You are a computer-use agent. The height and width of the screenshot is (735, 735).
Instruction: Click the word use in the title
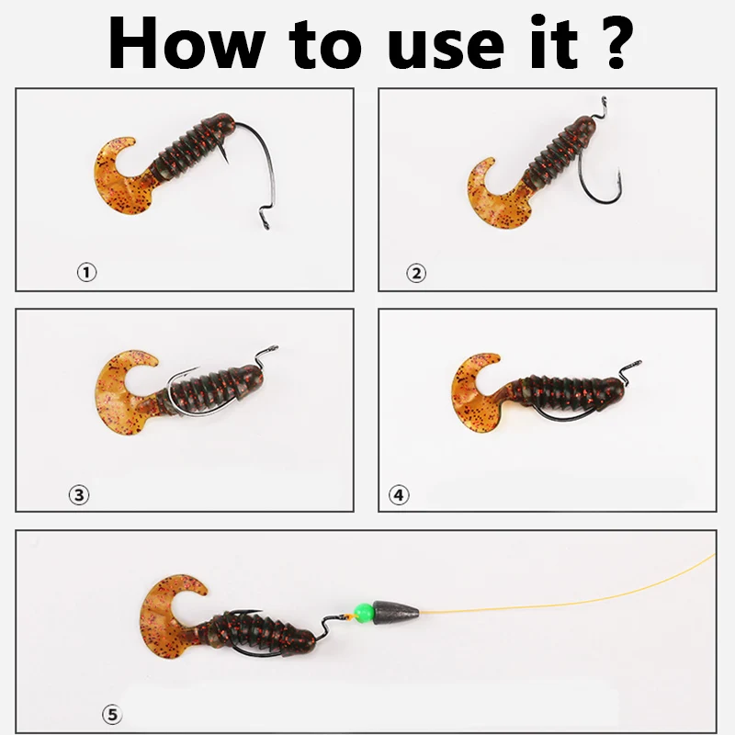tap(446, 50)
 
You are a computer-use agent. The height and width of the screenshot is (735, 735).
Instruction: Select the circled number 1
tap(86, 272)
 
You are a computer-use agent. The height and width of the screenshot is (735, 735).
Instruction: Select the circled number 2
tap(416, 273)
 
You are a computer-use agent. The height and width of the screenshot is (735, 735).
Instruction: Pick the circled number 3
tap(79, 495)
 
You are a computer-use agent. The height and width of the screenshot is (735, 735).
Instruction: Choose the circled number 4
tap(399, 495)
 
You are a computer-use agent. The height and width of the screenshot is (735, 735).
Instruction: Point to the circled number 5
tap(112, 715)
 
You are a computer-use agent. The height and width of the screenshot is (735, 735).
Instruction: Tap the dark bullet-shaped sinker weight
tap(396, 611)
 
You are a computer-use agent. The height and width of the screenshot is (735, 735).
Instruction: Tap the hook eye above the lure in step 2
tap(604, 104)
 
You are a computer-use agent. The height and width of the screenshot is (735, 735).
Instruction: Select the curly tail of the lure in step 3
tap(119, 394)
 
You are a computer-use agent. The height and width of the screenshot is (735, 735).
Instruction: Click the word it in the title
tap(554, 43)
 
